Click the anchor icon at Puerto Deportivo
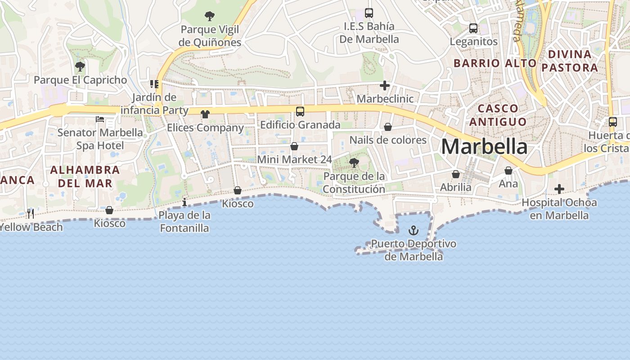pos(413,231)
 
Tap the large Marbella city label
pos(484,147)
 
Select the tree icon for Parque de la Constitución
pos(354,163)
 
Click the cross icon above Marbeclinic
pos(385,85)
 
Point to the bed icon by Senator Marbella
pos(100,119)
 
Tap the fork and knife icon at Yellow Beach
pos(31,213)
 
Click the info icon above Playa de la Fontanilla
pos(184,202)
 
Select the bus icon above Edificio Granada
pos(300,112)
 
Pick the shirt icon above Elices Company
pos(205,114)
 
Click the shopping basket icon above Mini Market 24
pos(294,146)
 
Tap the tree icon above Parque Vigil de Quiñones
pos(210,17)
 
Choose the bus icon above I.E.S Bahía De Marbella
pos(369,13)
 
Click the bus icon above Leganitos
pos(473,28)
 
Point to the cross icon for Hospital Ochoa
pos(559,189)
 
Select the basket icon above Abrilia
pos(456,174)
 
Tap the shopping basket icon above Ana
pos(508,171)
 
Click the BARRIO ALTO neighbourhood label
pos(495,63)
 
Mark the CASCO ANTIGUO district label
pos(498,115)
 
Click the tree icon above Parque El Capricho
pos(80,67)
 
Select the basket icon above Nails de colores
pos(388,127)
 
